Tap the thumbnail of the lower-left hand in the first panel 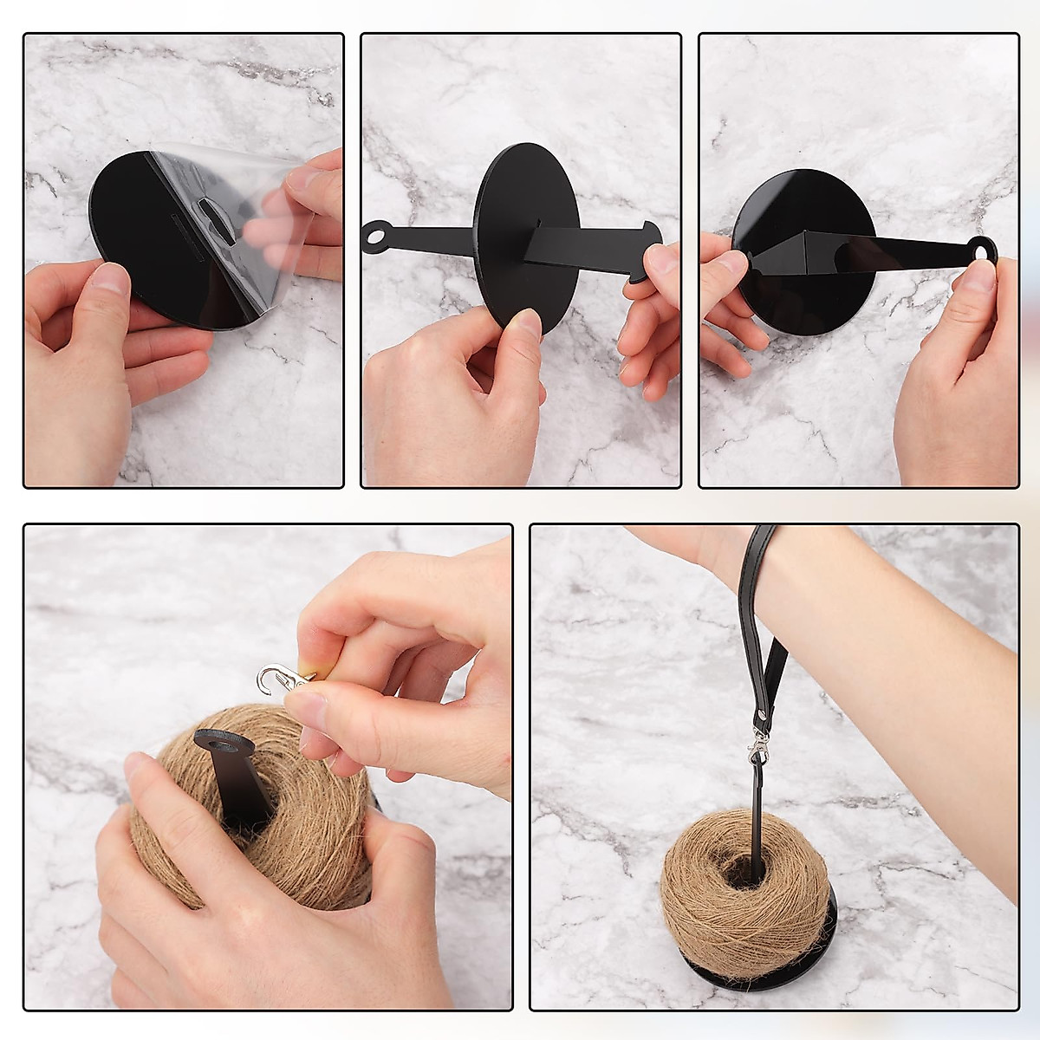pyautogui.click(x=108, y=279)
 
